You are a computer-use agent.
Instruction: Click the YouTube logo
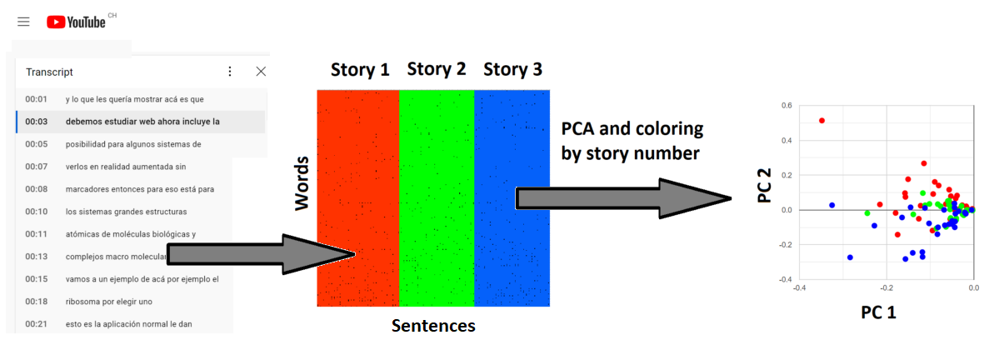coord(76,22)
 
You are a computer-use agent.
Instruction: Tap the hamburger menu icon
coord(23,22)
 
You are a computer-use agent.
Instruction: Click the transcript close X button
coord(261,72)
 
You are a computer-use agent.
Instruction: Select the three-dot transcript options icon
coord(231,72)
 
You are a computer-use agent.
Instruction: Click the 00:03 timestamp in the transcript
coord(36,122)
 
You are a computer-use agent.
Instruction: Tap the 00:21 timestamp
coord(36,324)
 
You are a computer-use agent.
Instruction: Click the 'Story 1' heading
coord(360,70)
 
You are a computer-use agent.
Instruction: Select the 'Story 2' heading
coord(436,69)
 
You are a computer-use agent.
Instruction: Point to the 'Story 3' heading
coord(512,70)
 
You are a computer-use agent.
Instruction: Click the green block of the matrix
coord(437,197)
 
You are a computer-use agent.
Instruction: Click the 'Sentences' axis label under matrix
coord(433,326)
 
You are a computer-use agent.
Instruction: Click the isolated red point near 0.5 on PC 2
coord(822,121)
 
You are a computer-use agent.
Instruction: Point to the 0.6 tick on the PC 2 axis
coord(785,106)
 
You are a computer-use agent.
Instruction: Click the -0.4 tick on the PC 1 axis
coord(798,287)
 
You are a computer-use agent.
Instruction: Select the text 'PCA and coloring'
coord(632,129)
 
